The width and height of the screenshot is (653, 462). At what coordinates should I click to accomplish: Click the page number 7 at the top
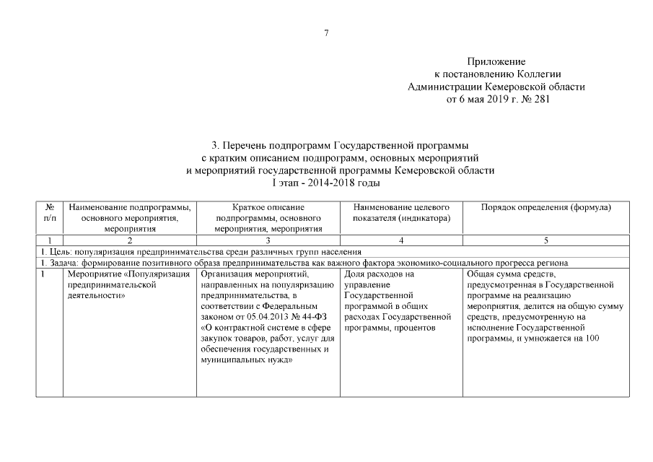tap(326, 32)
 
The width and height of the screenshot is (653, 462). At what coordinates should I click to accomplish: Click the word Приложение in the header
tap(496, 62)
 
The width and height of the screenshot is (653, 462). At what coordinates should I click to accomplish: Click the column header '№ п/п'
tap(49, 212)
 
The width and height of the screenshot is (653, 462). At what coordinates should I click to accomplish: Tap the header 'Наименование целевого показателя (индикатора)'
tap(400, 212)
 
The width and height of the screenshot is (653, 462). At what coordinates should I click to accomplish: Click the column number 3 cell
tap(268, 239)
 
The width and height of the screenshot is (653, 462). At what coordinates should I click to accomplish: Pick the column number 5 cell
tap(545, 239)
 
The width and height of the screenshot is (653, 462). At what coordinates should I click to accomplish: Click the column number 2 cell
tap(130, 239)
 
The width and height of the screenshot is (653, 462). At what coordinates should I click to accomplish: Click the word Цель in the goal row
tap(56, 252)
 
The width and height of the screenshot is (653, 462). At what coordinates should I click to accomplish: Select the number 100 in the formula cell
tap(592, 338)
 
